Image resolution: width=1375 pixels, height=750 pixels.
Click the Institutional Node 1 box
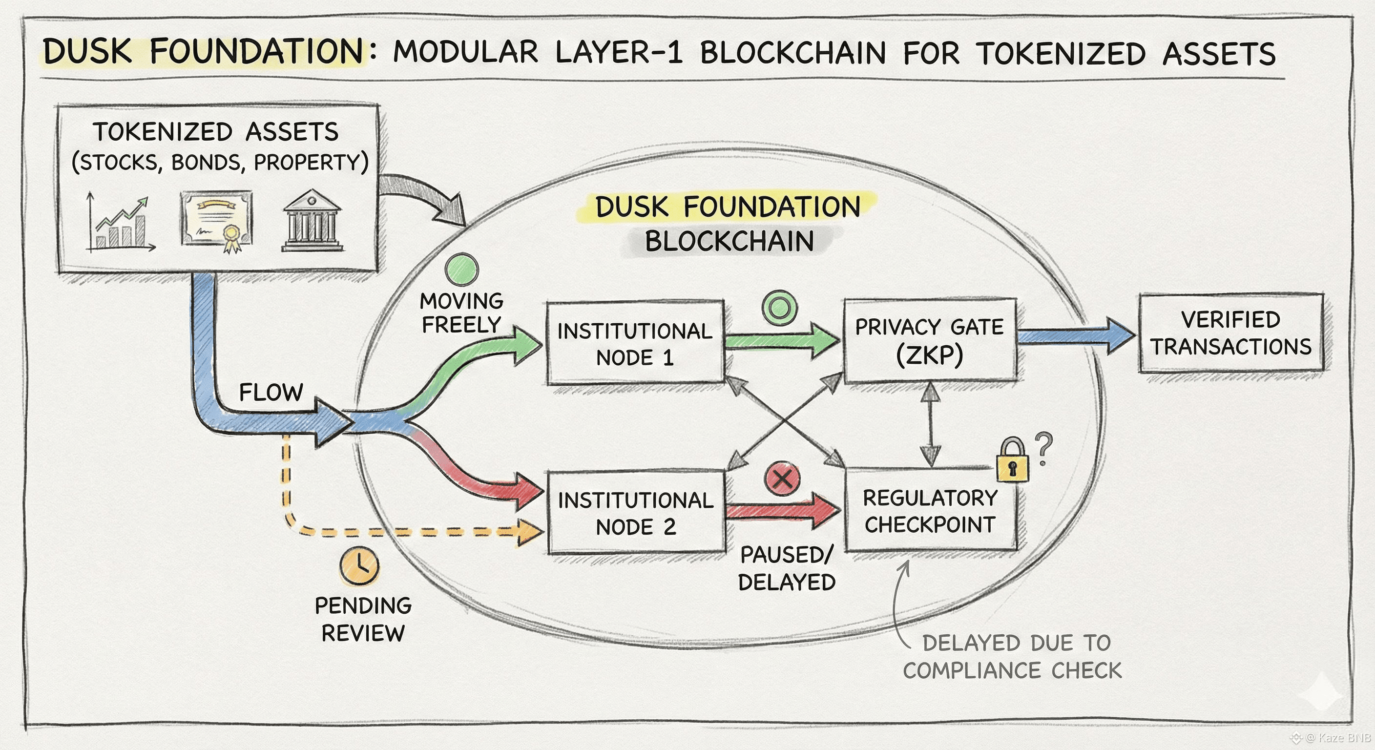point(635,343)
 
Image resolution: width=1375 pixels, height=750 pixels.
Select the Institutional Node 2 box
point(636,513)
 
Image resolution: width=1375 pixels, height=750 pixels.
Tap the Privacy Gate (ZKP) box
point(929,340)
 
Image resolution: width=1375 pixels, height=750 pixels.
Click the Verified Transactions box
point(1230,333)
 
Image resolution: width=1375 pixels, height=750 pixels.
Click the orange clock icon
point(359,565)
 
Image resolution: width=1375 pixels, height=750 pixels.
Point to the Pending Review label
point(363,619)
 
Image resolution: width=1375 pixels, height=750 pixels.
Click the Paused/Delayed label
point(787,568)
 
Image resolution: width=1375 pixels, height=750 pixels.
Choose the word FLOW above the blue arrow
point(271,393)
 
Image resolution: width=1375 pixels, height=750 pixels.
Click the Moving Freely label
point(461,313)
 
